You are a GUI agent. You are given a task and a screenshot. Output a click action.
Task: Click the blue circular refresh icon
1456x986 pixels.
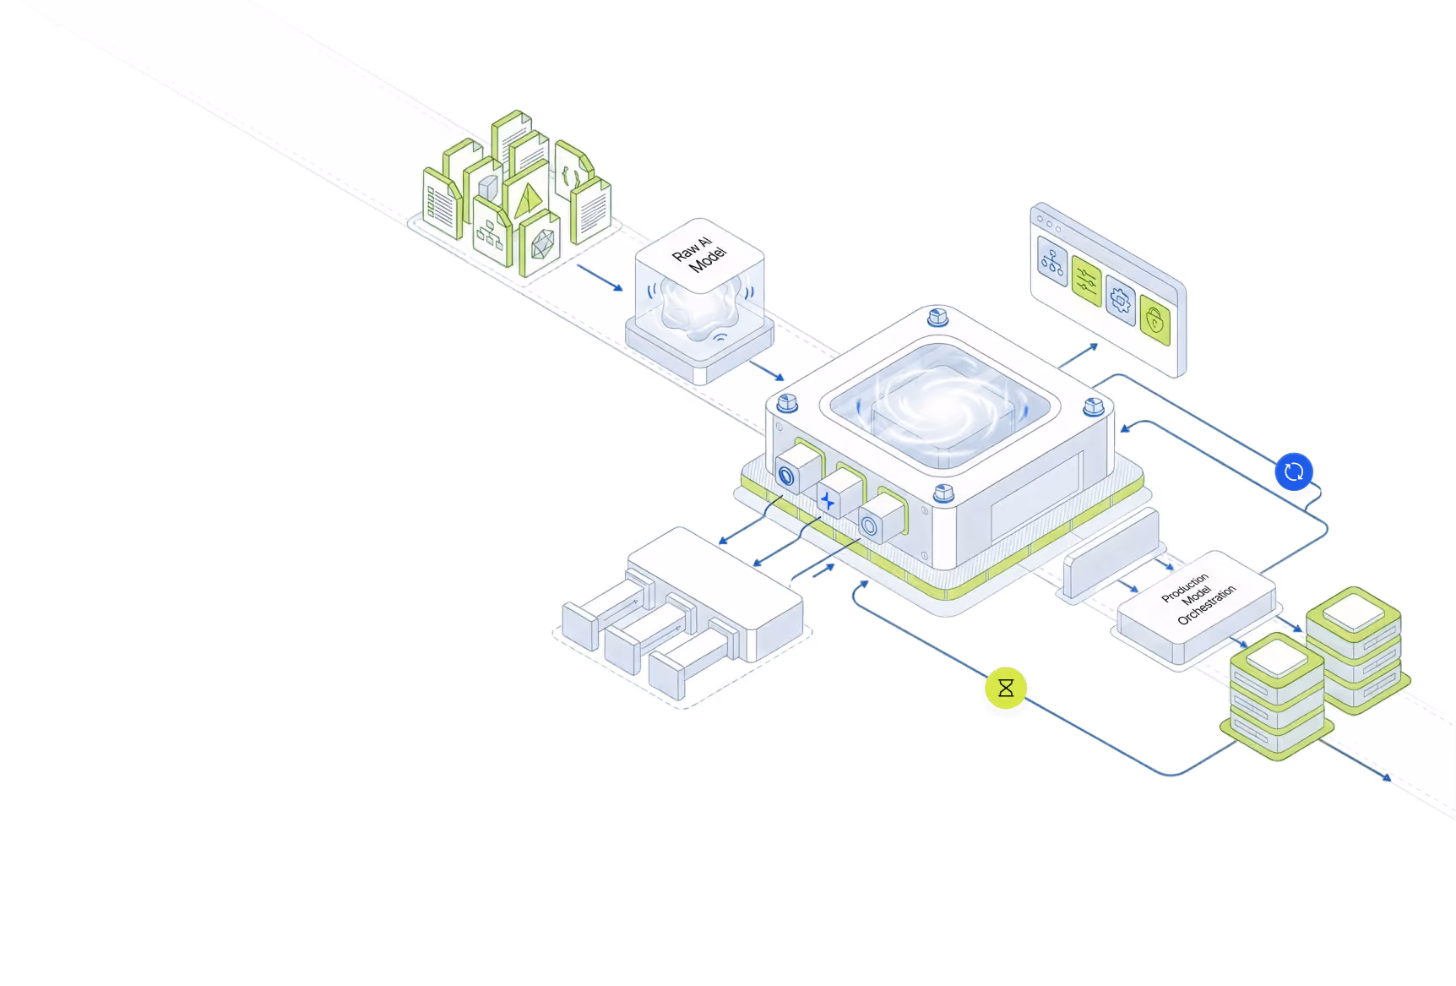click(x=1294, y=471)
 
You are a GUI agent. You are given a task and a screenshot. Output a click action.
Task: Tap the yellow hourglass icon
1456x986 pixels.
click(x=1006, y=688)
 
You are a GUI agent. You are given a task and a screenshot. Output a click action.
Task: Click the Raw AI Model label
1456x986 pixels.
click(x=699, y=253)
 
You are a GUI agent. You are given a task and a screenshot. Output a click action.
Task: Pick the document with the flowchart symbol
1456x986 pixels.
click(x=492, y=232)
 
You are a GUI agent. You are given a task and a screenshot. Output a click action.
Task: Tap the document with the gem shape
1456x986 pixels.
click(x=540, y=243)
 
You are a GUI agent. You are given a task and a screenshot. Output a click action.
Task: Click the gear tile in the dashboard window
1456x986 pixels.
click(x=1121, y=299)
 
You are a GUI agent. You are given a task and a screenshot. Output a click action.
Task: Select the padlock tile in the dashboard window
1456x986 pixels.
click(x=1154, y=319)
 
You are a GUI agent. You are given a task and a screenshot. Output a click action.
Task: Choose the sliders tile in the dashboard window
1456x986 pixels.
click(x=1086, y=281)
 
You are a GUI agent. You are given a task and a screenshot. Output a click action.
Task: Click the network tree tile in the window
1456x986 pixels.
click(x=1052, y=261)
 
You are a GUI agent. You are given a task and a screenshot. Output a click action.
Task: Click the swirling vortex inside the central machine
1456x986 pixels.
click(x=940, y=404)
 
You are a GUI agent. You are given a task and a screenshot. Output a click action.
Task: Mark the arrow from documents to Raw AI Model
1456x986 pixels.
click(x=600, y=278)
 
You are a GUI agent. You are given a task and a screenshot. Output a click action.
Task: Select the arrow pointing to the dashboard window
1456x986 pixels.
click(x=1078, y=356)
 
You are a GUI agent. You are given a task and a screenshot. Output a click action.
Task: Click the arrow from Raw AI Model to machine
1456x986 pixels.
click(x=767, y=370)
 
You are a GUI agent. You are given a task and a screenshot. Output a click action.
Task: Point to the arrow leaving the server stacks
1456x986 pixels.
click(x=1355, y=760)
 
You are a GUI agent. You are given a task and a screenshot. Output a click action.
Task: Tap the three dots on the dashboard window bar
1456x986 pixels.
click(x=1049, y=224)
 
